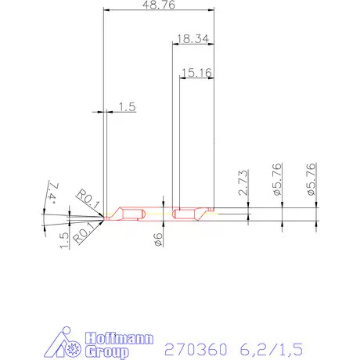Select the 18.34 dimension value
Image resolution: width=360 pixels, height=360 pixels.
192,38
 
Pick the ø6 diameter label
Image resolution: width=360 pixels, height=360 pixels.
158,240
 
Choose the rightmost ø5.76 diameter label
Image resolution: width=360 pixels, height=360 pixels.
311,179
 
